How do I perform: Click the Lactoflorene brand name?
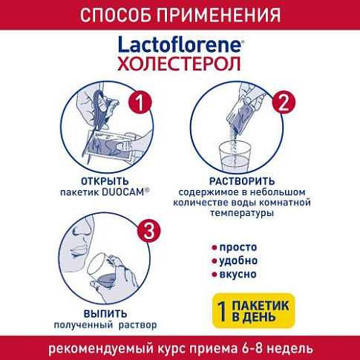[x=180, y=45]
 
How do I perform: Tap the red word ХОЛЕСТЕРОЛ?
[x=179, y=64]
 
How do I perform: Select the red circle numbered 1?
[x=140, y=102]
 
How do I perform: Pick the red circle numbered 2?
[x=284, y=102]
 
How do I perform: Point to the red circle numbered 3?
[x=149, y=231]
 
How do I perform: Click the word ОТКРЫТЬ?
[x=105, y=181]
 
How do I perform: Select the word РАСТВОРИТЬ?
[x=242, y=181]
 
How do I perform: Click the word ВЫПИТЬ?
[x=105, y=314]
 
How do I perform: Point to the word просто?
[x=238, y=247]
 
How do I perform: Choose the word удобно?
[x=238, y=261]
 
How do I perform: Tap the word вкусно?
[x=238, y=275]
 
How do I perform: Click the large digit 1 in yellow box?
[x=223, y=311]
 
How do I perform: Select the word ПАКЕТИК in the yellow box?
[x=261, y=306]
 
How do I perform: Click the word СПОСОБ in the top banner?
[x=115, y=16]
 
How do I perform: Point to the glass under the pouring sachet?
[x=235, y=157]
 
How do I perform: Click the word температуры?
[x=242, y=213]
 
